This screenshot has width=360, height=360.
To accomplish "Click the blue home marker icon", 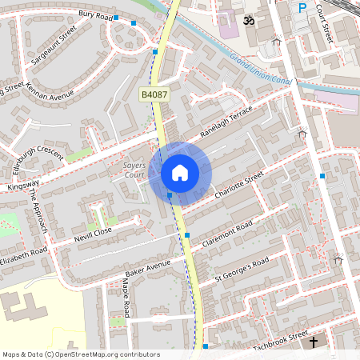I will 180,172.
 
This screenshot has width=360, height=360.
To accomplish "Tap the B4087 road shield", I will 154,94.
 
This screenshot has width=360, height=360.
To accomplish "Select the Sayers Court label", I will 134,170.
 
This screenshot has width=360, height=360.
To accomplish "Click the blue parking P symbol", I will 302,8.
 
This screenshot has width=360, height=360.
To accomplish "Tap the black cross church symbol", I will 313,342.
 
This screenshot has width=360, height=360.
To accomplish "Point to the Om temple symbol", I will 248,18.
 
